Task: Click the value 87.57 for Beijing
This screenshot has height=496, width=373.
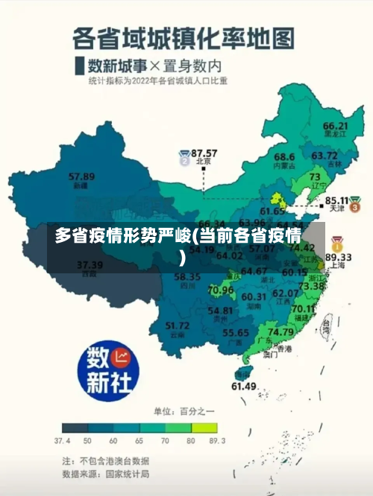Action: coord(204,152)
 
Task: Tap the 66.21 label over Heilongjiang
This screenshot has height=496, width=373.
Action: coord(336,126)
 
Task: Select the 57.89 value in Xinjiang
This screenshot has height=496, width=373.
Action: coord(81,177)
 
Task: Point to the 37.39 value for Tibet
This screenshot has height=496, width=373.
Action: coord(90,264)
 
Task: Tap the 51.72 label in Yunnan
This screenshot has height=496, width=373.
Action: coord(177,325)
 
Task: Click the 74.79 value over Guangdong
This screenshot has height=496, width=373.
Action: coord(280,331)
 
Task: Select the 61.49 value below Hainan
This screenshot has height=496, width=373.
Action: coord(244,386)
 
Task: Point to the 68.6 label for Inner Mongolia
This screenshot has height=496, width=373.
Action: coord(284,157)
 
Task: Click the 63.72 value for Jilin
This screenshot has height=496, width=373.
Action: coord(325,156)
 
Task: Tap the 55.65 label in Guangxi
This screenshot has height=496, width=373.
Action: coord(236,332)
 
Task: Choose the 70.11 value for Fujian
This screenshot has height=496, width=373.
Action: coord(304,308)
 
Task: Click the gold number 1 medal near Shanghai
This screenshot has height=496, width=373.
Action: coord(337,244)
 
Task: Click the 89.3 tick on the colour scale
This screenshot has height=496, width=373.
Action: coord(217,441)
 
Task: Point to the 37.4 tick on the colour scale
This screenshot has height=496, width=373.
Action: coord(63,441)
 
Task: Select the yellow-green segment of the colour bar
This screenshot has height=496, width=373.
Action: coord(204,428)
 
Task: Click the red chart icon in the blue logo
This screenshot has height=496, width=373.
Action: coord(122,357)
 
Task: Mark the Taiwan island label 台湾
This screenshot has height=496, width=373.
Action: coord(326,325)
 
